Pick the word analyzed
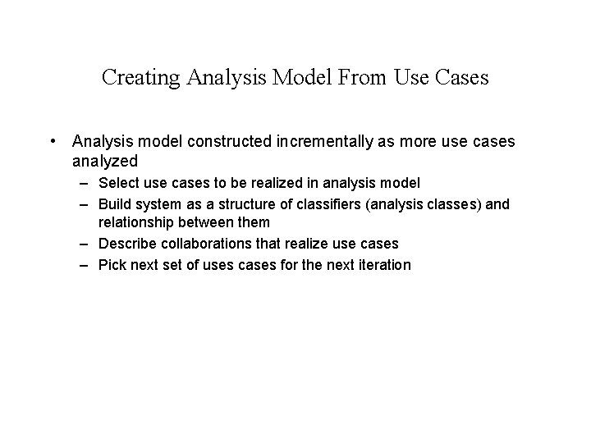coord(104,161)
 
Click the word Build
coord(115,203)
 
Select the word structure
coord(241,203)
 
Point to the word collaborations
coord(204,244)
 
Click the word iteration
coord(383,264)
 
